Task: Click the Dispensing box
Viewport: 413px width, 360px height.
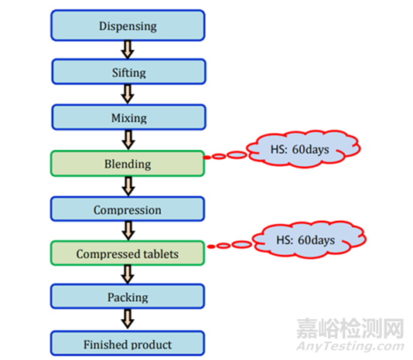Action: click(x=128, y=25)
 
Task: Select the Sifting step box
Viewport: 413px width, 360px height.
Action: click(x=129, y=72)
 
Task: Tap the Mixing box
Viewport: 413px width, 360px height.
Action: click(x=129, y=117)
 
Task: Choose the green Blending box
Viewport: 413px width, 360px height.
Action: click(x=128, y=164)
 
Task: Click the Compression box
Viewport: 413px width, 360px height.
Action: click(x=128, y=209)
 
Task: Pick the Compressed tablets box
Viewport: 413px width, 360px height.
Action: click(x=128, y=253)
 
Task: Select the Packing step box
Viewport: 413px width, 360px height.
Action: click(x=128, y=297)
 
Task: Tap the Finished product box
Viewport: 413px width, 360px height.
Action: click(x=128, y=343)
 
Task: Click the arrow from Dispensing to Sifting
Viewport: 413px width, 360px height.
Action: click(x=128, y=49)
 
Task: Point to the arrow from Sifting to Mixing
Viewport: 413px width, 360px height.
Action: click(x=128, y=94)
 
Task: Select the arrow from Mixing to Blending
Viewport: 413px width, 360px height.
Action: click(x=128, y=140)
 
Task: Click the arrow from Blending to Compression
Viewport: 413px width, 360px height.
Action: click(x=128, y=186)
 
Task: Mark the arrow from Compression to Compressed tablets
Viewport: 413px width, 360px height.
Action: click(x=128, y=231)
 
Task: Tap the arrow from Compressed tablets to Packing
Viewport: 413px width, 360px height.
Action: click(x=128, y=274)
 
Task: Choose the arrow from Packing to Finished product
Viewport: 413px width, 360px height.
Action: click(x=128, y=319)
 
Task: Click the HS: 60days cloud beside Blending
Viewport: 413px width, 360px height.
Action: click(x=303, y=149)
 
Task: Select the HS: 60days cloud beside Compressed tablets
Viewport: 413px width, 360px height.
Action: click(x=309, y=239)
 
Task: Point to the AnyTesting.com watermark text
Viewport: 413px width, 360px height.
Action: click(x=350, y=346)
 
